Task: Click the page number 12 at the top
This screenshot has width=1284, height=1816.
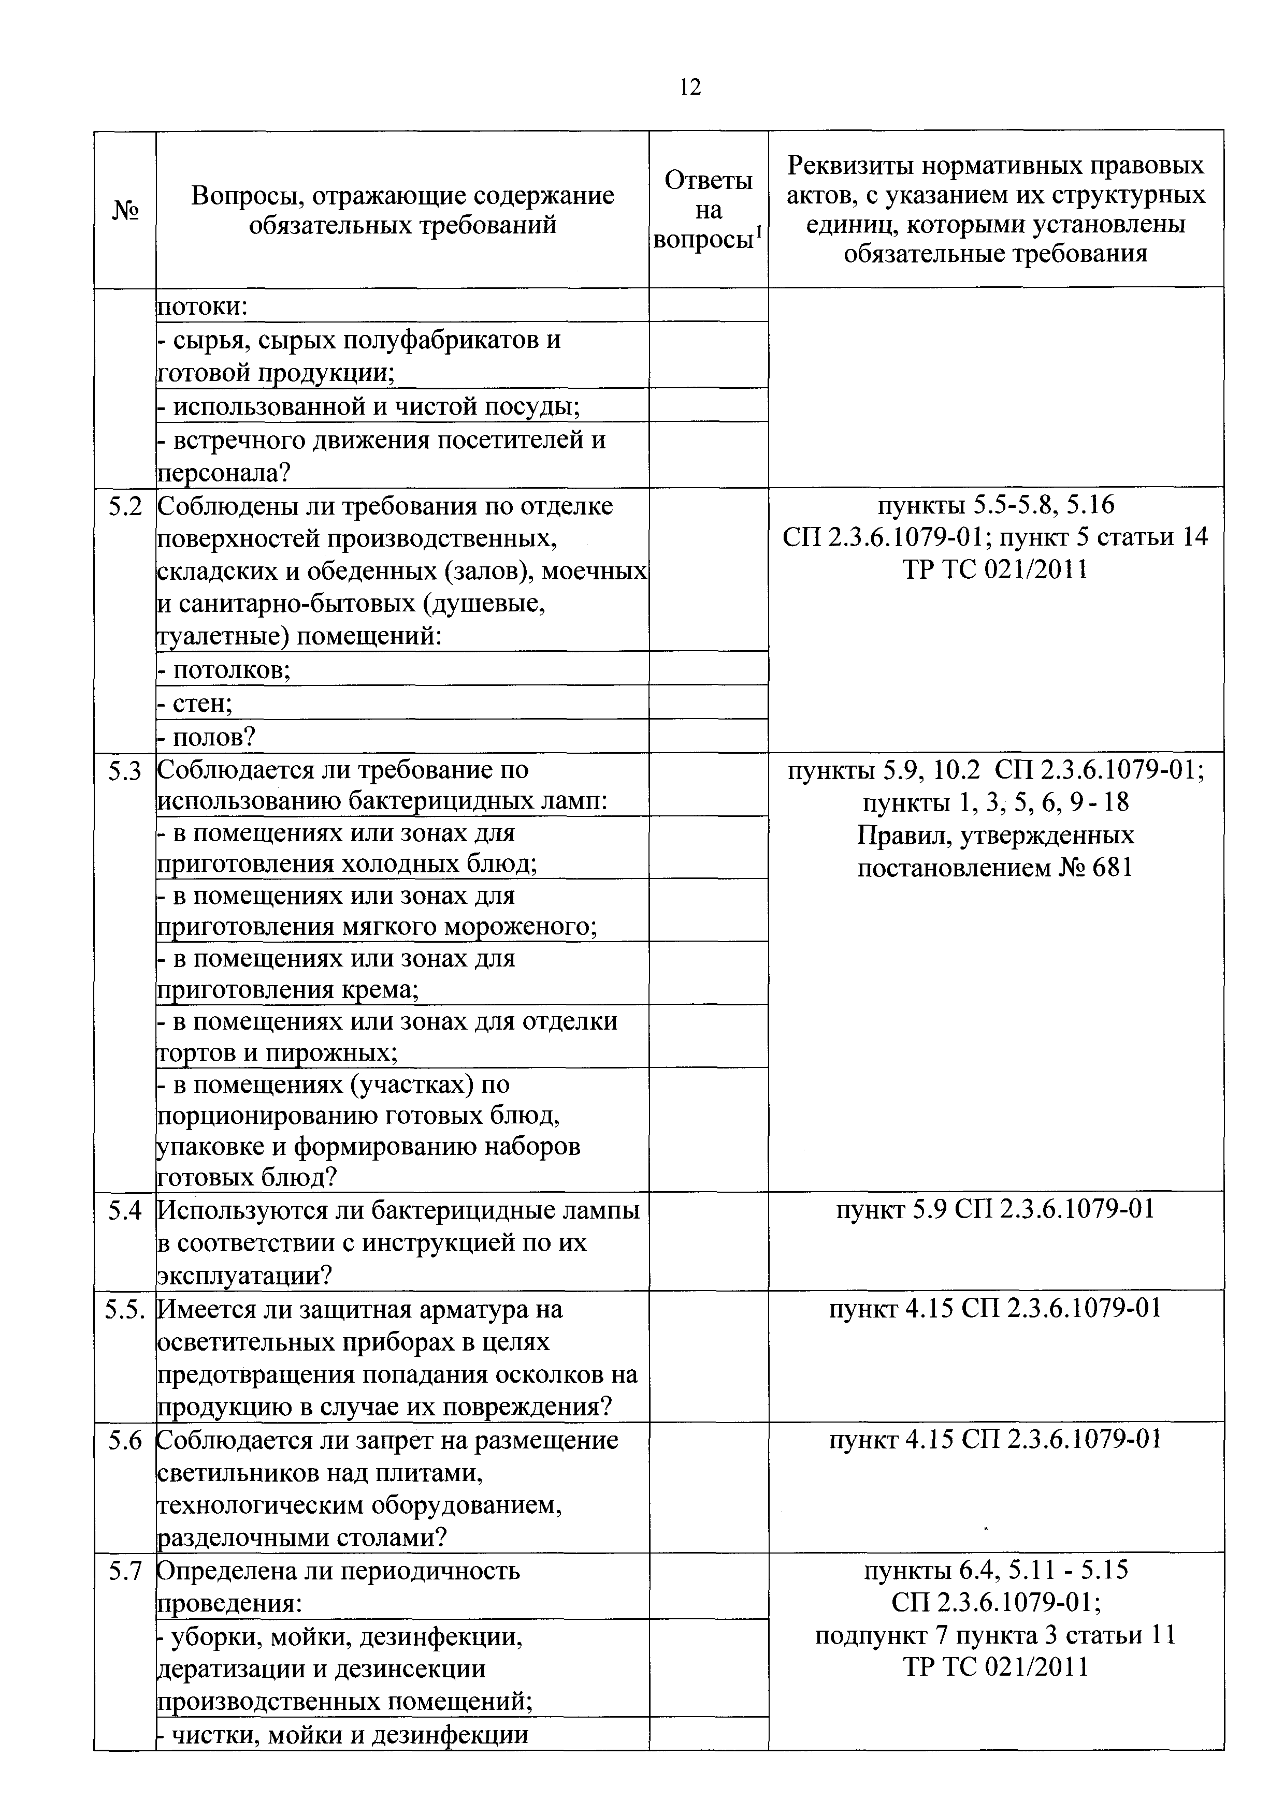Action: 690,87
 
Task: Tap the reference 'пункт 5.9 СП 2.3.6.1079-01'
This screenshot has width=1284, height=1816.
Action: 995,1209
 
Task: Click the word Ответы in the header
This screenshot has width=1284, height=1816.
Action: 708,181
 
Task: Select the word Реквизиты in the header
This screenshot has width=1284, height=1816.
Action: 853,166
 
